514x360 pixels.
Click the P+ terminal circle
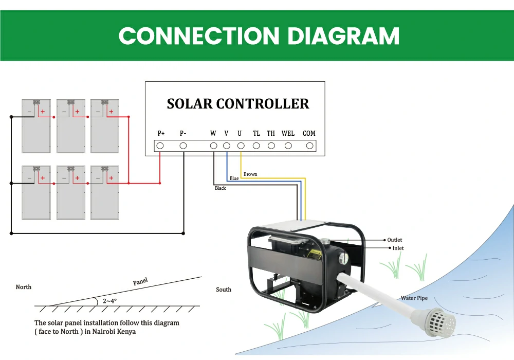(x=160, y=146)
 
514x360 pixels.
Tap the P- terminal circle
(x=183, y=146)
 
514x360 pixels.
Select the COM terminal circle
(x=309, y=146)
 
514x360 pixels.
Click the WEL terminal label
(x=288, y=134)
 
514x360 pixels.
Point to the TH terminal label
(x=270, y=134)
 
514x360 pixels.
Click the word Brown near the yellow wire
(x=250, y=174)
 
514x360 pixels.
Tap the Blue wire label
(x=234, y=178)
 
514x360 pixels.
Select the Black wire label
(x=221, y=188)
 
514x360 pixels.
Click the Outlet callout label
(x=395, y=240)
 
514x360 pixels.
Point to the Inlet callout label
(x=398, y=248)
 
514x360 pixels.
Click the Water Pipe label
(x=414, y=298)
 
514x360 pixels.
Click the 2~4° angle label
(x=109, y=300)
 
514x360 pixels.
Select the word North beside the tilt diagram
(x=24, y=287)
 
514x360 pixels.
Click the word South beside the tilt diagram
(x=224, y=290)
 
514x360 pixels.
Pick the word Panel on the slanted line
(x=140, y=281)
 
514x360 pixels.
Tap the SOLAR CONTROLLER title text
(x=238, y=104)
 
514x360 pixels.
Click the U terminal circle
(x=240, y=146)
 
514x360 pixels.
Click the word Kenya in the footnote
(x=126, y=332)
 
